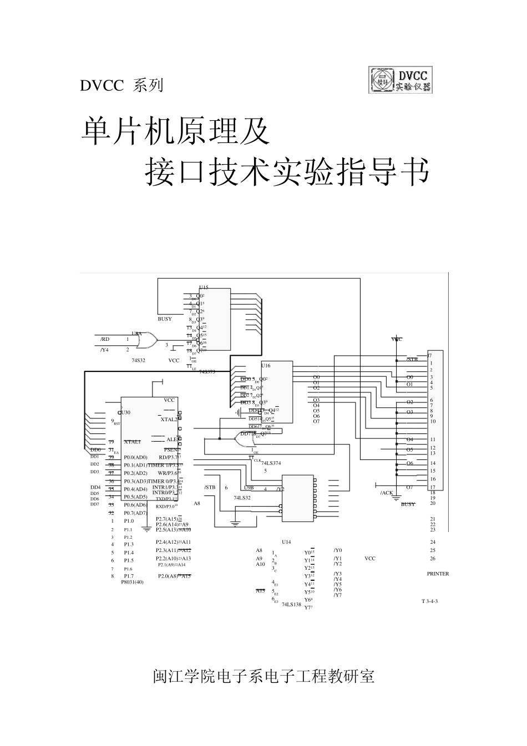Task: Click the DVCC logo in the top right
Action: click(400, 80)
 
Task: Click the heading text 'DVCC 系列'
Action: click(121, 85)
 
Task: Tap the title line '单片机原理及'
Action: click(175, 132)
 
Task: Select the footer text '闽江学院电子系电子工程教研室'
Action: click(263, 676)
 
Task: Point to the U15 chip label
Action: click(204, 288)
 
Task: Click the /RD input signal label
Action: click(105, 339)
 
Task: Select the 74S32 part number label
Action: click(138, 360)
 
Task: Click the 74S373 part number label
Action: click(207, 372)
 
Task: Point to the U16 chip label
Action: click(266, 366)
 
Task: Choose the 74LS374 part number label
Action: click(271, 463)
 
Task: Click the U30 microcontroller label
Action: click(126, 413)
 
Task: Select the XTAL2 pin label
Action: click(169, 420)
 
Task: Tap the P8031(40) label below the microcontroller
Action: click(132, 582)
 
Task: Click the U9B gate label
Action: click(249, 488)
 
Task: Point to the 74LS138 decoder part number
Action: click(291, 605)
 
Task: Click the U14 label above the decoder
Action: click(286, 541)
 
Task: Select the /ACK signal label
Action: click(386, 493)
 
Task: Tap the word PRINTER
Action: click(438, 574)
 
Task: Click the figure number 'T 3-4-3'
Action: click(429, 601)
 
